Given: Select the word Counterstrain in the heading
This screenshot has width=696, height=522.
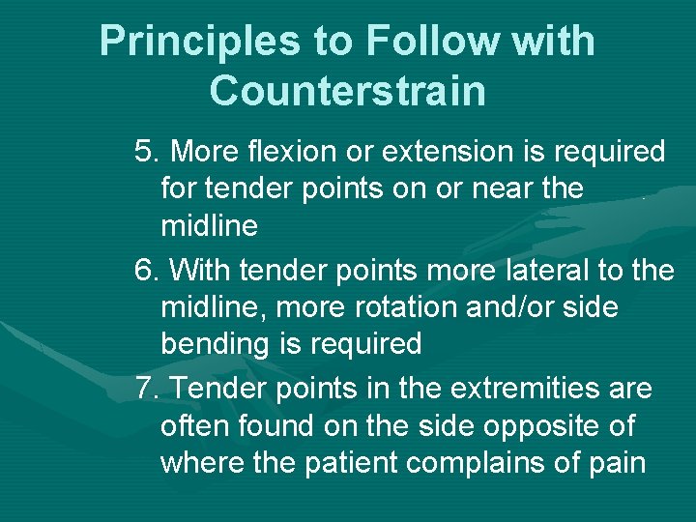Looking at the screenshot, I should point(347,91).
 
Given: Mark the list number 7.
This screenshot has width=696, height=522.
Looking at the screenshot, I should point(147,389).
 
